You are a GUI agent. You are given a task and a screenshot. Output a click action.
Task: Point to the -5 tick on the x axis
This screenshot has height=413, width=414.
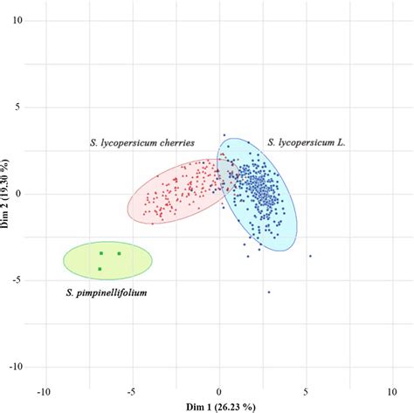[131, 390]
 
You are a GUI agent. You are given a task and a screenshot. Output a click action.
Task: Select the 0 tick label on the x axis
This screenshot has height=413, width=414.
[218, 390]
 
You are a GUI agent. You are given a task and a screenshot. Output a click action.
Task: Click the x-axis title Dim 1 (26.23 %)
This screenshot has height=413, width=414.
[218, 406]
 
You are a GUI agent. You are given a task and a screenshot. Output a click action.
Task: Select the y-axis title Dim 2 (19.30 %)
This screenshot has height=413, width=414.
[6, 194]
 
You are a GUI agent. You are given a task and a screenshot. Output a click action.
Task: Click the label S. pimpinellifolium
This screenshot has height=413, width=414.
[106, 294]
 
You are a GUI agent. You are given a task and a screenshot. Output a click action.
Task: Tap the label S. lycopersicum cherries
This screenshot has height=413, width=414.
[141, 141]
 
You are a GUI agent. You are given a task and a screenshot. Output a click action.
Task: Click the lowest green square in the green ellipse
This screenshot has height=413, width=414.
[100, 269]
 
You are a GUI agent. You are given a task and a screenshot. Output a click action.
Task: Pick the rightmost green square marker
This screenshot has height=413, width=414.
[120, 253]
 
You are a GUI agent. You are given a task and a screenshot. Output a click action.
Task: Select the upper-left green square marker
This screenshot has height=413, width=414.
[101, 253]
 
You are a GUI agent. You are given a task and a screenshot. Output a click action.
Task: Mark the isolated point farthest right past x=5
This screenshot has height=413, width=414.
[310, 256]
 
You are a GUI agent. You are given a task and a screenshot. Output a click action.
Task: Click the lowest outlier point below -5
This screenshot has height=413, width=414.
[269, 292]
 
